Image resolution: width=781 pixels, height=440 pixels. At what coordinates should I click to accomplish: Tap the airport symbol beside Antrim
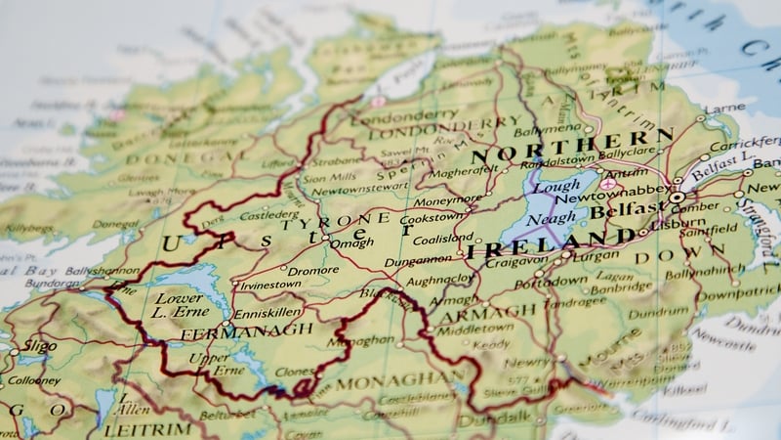coord(609,184)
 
